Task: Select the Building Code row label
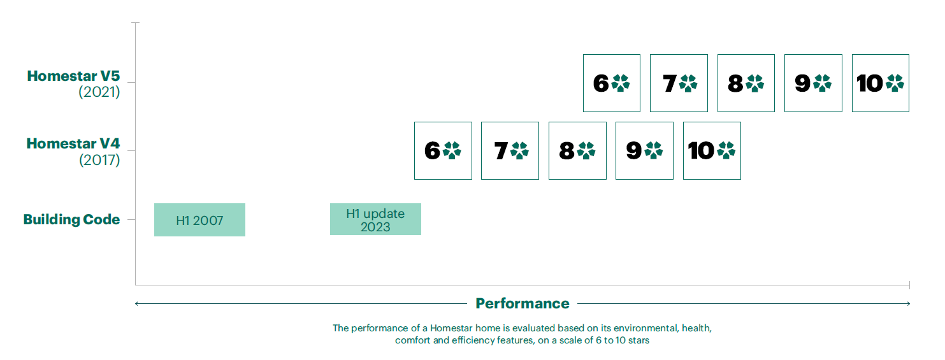(72, 219)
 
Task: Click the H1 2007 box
(199, 220)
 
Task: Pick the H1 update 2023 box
(375, 219)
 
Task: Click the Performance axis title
(523, 303)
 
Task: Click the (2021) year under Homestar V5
(99, 92)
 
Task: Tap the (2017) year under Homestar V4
(99, 160)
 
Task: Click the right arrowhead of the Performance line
(908, 303)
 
